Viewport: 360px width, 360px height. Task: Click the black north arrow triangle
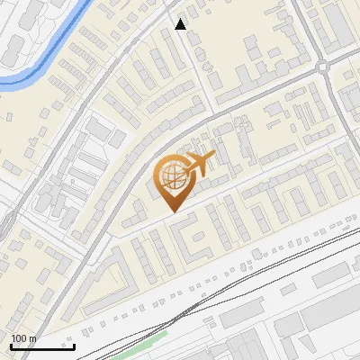coord(181,24)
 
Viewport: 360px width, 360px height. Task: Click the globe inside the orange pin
coord(171,177)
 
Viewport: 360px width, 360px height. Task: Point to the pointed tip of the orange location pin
coord(172,211)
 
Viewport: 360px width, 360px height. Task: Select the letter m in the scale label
coord(33,338)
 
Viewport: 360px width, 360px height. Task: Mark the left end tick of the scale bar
coord(11,346)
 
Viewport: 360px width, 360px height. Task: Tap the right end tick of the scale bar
coord(74,346)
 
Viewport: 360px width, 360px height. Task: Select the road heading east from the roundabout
coord(346,58)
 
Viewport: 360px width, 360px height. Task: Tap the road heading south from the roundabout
coord(335,99)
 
